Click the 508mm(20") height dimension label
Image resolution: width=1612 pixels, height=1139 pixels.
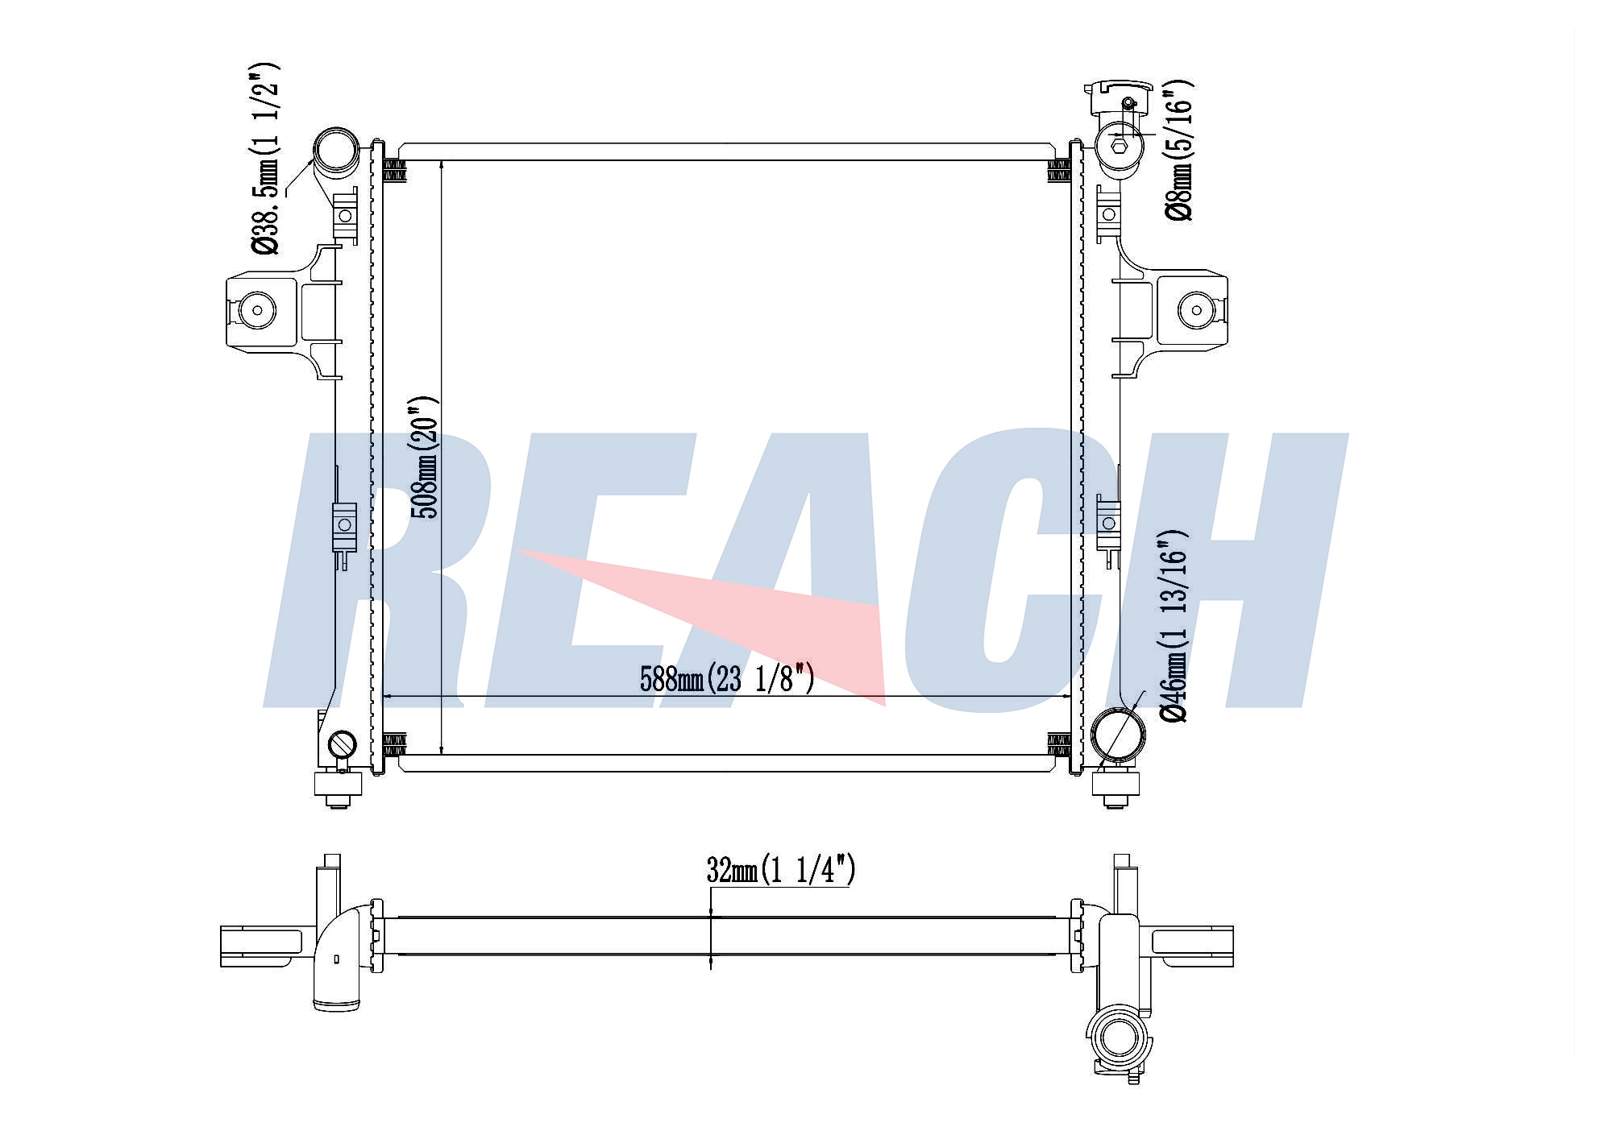[425, 457]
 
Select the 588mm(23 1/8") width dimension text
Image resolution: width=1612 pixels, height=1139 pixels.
[727, 679]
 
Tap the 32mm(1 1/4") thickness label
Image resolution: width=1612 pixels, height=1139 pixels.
[781, 870]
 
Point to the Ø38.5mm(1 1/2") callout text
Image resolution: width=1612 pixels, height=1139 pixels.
[266, 158]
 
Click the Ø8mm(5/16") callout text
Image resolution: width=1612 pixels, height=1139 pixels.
[1178, 150]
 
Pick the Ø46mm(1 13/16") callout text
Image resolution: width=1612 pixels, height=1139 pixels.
[1173, 626]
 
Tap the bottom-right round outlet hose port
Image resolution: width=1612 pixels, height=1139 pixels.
[1118, 734]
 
